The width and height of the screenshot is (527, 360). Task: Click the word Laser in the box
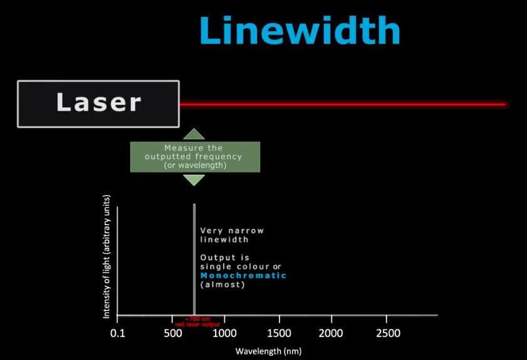click(98, 103)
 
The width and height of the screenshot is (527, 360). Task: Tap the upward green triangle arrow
click(194, 134)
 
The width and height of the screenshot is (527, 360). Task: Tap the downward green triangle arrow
click(194, 179)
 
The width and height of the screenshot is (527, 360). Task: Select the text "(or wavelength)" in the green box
click(195, 166)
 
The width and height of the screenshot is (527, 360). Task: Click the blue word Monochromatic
click(243, 275)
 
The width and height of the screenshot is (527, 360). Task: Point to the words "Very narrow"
click(232, 230)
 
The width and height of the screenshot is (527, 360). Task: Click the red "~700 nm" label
click(197, 319)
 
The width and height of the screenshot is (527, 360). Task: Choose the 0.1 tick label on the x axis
click(117, 333)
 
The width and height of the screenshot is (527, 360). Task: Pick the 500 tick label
click(172, 333)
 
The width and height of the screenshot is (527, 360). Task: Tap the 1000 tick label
click(225, 333)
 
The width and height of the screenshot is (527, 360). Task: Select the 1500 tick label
click(279, 333)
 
